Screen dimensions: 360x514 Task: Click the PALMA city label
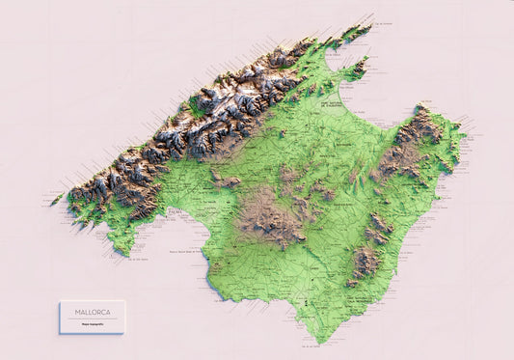149,206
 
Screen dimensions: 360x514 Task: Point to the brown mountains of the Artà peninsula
415,145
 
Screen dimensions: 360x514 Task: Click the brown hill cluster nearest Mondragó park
365,262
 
